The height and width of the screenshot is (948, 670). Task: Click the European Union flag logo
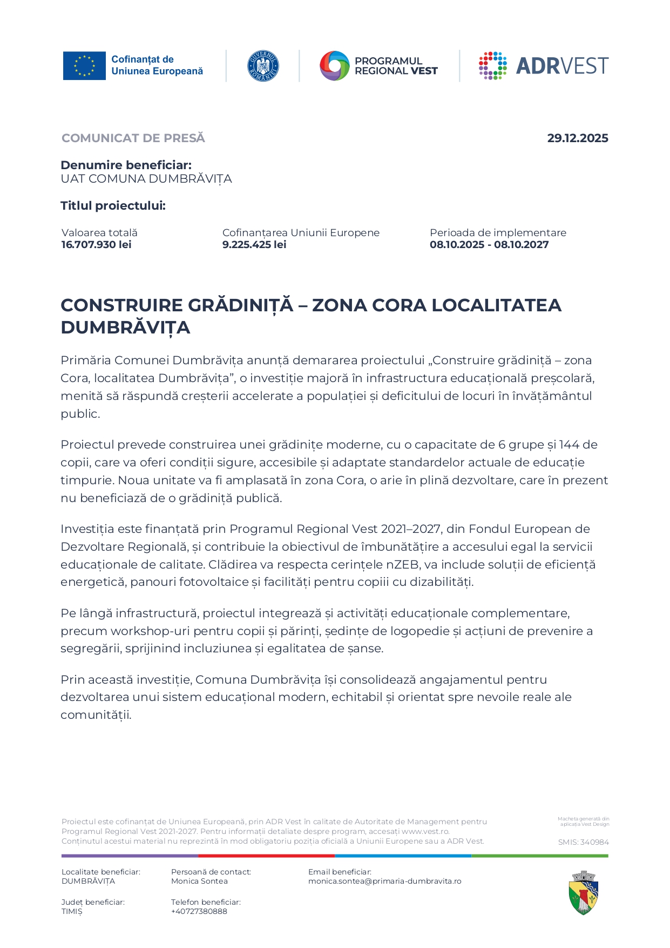pos(84,66)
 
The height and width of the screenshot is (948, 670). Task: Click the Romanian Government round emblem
pos(263,66)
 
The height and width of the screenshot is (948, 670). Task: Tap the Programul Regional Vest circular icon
pos(335,66)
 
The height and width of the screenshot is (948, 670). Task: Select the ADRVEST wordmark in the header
pos(562,66)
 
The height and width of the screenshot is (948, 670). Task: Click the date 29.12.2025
pos(577,138)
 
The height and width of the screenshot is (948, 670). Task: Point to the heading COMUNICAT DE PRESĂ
pos(133,138)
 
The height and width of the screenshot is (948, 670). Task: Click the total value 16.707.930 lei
pos(97,245)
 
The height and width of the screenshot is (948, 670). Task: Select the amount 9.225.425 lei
pos(254,245)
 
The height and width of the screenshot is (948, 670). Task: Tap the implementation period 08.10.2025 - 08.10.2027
pos(489,245)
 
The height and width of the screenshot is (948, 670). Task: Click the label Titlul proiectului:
pos(113,206)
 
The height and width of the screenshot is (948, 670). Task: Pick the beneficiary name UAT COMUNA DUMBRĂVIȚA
pos(146,179)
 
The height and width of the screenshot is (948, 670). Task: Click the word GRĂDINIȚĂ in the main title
pos(240,305)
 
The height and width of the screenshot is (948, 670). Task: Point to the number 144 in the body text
pos(569,445)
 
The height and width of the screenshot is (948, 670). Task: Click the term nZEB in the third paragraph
pos(402,565)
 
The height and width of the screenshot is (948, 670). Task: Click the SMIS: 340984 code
pos(583,842)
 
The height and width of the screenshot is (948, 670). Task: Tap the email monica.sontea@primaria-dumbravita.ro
pos(384,881)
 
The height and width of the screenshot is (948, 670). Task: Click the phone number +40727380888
pos(199,911)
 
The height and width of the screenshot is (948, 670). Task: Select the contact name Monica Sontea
pos(199,881)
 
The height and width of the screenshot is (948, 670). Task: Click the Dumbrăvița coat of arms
pos(584,892)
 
